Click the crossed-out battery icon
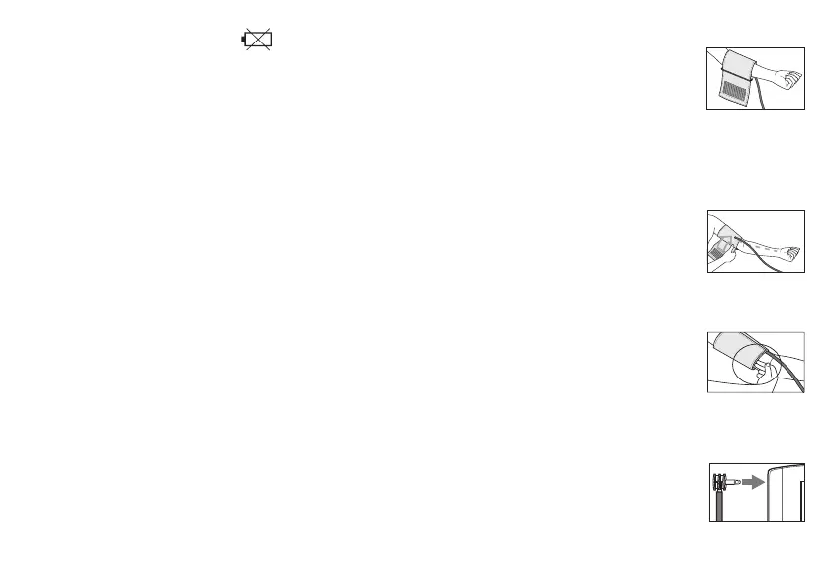[x=258, y=40]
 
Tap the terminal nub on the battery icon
[x=244, y=41]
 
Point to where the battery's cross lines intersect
[x=260, y=40]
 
